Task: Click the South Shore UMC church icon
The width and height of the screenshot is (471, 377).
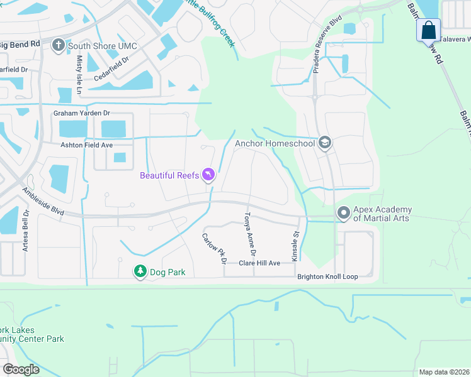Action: point(59,45)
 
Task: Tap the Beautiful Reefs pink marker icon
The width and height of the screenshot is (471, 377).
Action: point(209,175)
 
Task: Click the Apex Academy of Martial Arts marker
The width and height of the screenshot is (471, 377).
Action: point(344,213)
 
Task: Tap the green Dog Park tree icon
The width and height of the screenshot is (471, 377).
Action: point(140,272)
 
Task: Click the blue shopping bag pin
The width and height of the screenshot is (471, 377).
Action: point(428,30)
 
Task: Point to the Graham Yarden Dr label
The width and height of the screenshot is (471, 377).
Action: point(81,113)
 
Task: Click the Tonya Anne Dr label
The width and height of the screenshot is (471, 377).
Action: point(250,234)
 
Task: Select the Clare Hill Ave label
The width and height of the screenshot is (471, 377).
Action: point(259,263)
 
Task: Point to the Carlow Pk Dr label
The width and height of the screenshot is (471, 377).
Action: point(215,248)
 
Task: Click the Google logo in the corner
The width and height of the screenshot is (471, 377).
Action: point(21,369)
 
